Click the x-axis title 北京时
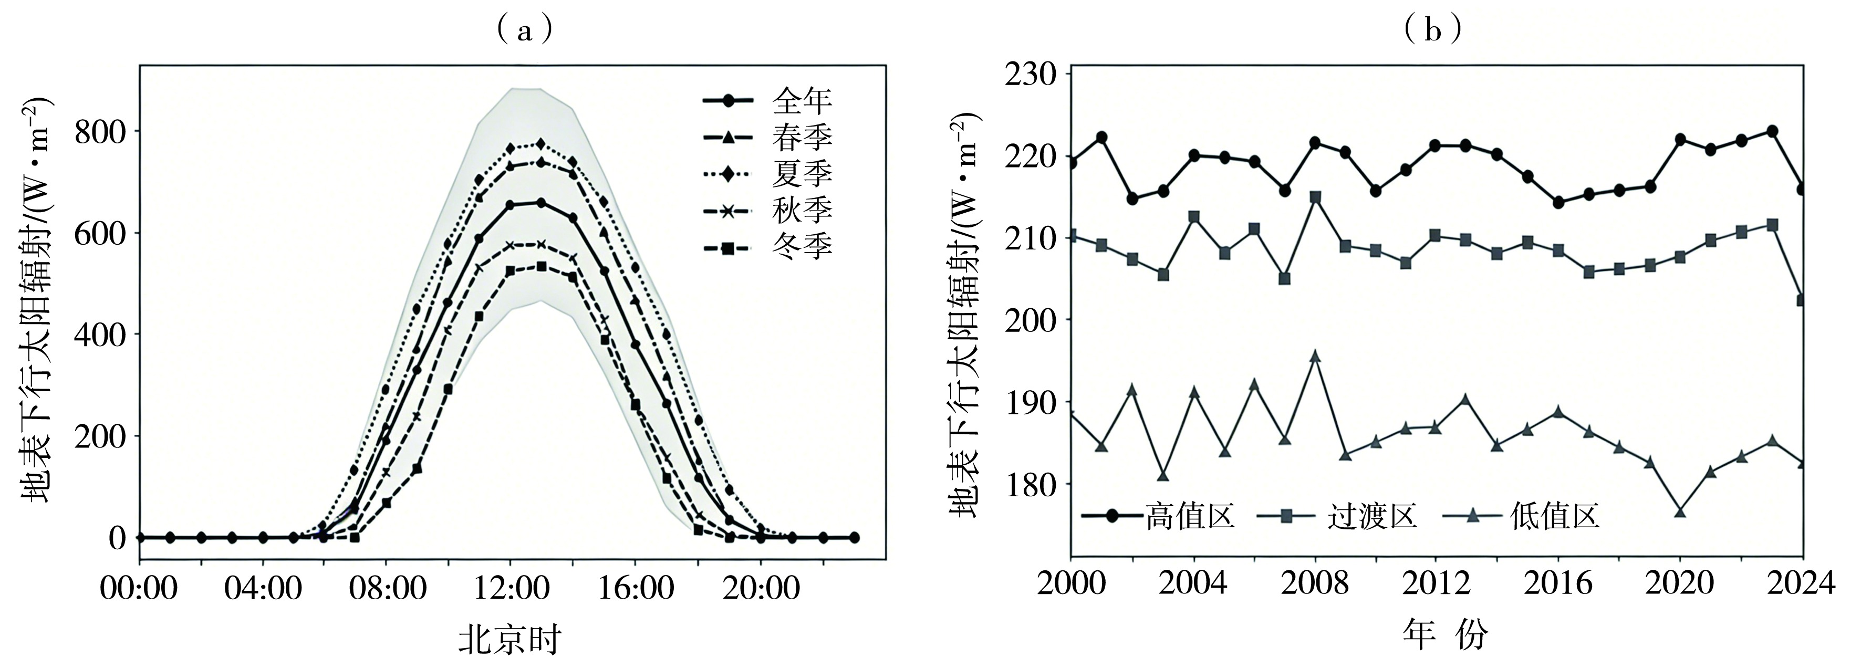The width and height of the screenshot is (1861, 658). coord(510,639)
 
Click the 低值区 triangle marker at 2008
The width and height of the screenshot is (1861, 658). coord(1315,356)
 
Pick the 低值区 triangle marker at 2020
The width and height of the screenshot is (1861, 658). coord(1680,531)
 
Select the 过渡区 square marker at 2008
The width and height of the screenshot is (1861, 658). coord(1315,197)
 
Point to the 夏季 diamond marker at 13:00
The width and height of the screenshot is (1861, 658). coord(540,144)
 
